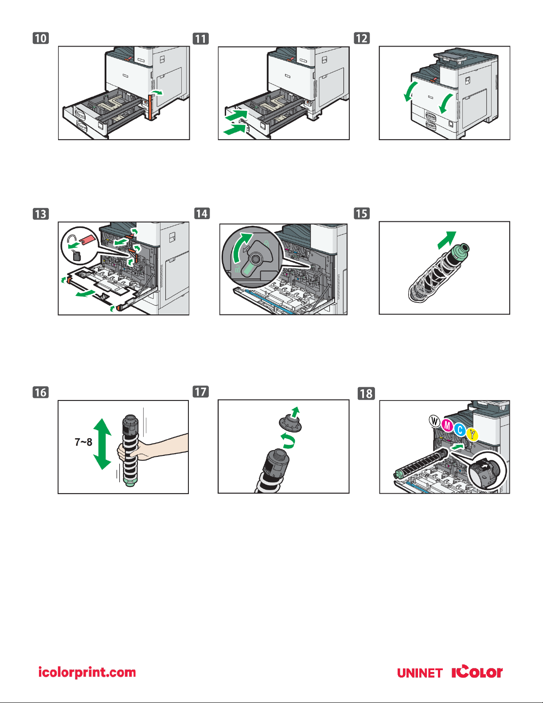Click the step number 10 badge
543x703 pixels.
pyautogui.click(x=41, y=38)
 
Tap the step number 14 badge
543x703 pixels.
pyautogui.click(x=202, y=213)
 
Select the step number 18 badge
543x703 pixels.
pyautogui.click(x=366, y=393)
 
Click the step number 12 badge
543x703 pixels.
pyautogui.click(x=362, y=38)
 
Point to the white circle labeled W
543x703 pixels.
pyautogui.click(x=434, y=420)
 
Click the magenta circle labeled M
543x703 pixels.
pyautogui.click(x=447, y=426)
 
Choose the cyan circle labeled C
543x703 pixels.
pyautogui.click(x=460, y=430)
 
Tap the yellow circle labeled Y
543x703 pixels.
pyautogui.click(x=473, y=434)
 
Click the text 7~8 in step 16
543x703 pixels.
pyautogui.click(x=83, y=442)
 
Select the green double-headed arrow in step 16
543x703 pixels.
pyautogui.click(x=102, y=444)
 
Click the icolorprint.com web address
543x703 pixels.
pyautogui.click(x=87, y=672)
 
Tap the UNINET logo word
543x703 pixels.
pyautogui.click(x=420, y=673)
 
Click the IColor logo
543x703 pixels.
pyautogui.click(x=477, y=672)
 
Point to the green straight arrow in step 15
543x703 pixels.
pyautogui.click(x=447, y=240)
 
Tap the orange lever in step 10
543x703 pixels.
pyautogui.click(x=150, y=108)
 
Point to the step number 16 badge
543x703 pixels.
pyautogui.click(x=41, y=393)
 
